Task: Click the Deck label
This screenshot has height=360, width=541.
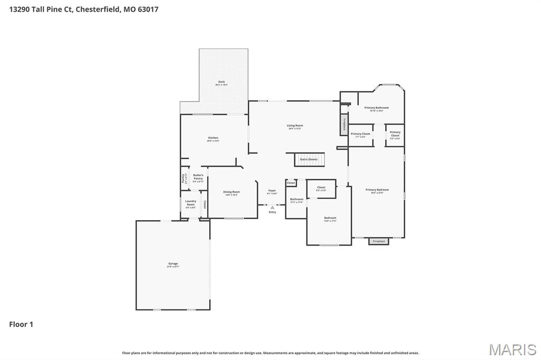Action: point(221,82)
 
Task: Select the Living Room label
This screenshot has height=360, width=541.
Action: point(295,126)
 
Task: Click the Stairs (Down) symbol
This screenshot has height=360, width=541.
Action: point(309,159)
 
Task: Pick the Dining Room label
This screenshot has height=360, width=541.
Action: point(231,193)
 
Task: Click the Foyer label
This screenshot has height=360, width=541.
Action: point(272,191)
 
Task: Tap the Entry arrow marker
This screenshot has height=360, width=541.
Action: point(272,207)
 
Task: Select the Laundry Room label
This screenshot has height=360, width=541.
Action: point(191,203)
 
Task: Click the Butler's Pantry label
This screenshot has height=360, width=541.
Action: point(198,177)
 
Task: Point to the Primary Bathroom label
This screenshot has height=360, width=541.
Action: point(376,108)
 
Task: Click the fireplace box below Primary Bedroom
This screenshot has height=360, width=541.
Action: point(379,241)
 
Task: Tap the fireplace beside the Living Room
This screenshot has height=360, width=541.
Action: point(344,125)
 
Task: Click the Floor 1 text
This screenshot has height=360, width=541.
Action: point(21,324)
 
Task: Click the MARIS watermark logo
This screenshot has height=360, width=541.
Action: point(512,349)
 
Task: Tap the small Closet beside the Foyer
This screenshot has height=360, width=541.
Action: point(291,183)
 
